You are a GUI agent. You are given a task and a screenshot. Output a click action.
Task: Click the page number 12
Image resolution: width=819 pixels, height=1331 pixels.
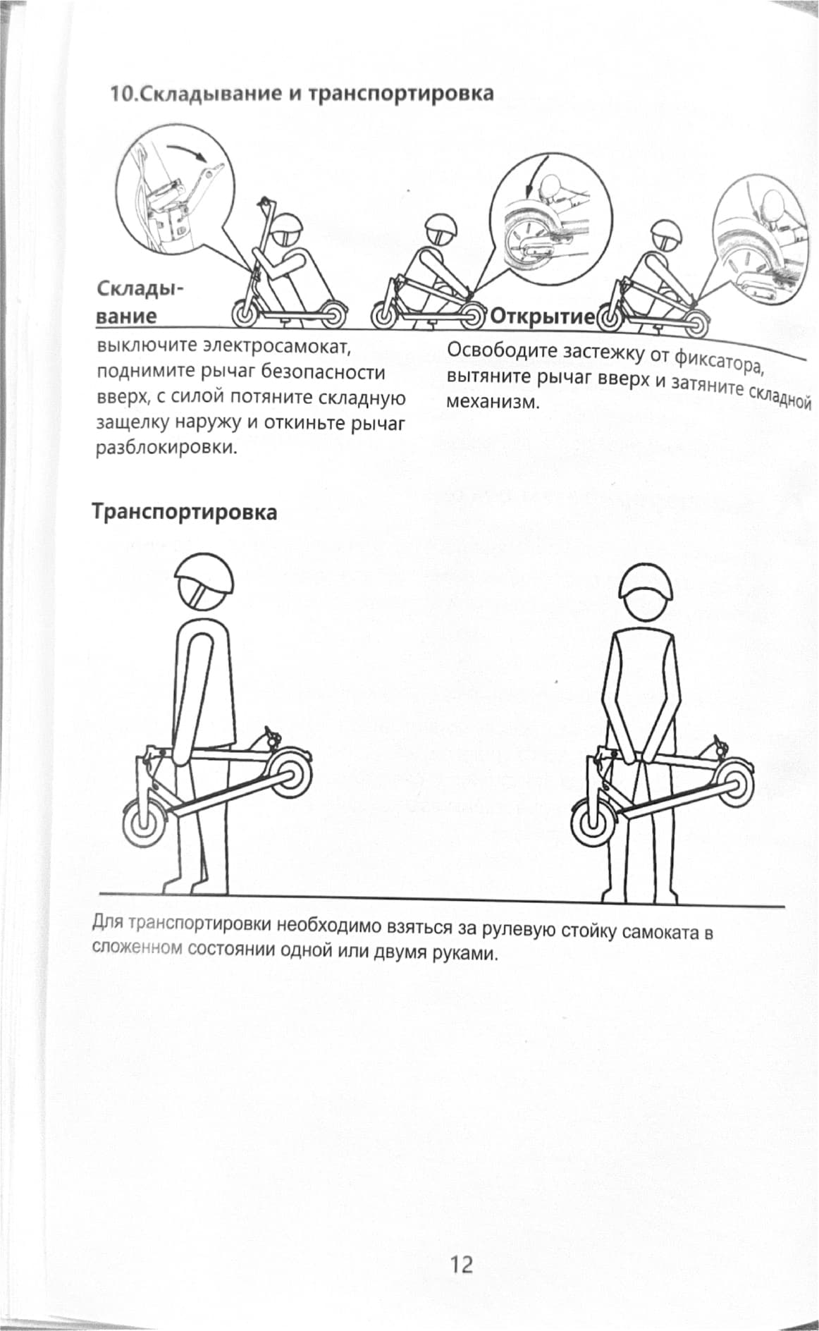[462, 1264]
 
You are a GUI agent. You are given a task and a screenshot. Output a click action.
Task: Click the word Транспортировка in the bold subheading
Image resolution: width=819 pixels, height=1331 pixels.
[185, 512]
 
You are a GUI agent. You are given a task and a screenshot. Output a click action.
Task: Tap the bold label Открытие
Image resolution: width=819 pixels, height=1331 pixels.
[542, 316]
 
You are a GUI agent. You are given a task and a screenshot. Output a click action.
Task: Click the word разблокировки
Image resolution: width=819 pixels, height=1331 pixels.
[166, 448]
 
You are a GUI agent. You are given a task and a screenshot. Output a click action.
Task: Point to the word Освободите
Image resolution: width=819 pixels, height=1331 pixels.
[496, 350]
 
